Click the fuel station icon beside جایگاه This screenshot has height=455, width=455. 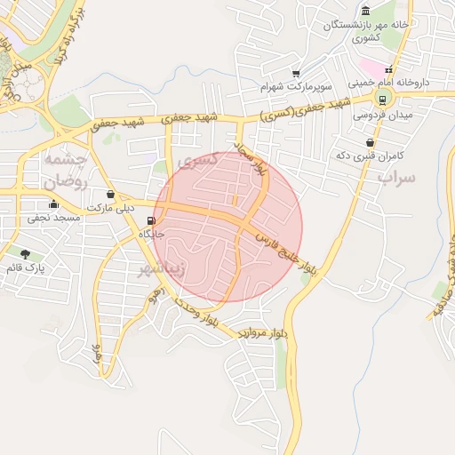(154, 221)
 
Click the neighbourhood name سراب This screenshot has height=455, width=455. (396, 178)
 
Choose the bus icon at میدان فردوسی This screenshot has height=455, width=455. (383, 100)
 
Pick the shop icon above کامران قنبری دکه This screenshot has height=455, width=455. (370, 142)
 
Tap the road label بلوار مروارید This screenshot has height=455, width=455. (264, 332)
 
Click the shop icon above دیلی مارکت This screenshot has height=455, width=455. (110, 195)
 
